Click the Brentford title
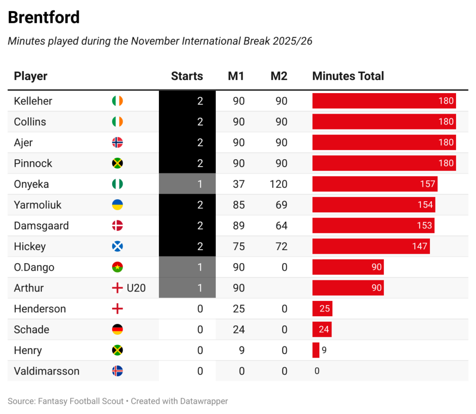[x=44, y=17]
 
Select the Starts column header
[x=187, y=76]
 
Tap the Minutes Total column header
[x=348, y=76]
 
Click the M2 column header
[x=279, y=76]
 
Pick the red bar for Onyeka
[x=375, y=184]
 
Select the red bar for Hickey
[x=371, y=246]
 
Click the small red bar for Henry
[x=316, y=350]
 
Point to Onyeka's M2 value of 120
[x=278, y=184]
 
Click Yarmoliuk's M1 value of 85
[x=238, y=205]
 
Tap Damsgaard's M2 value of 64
[x=281, y=226]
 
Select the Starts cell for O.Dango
[x=187, y=267]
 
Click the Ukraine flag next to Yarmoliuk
[x=118, y=205]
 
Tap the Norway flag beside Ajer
[x=118, y=143]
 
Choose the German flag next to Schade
[x=118, y=330]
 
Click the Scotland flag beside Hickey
[x=118, y=246]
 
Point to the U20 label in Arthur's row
[x=136, y=288]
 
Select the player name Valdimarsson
[x=46, y=371]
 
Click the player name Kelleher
[x=33, y=101]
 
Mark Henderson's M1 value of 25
[x=238, y=309]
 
